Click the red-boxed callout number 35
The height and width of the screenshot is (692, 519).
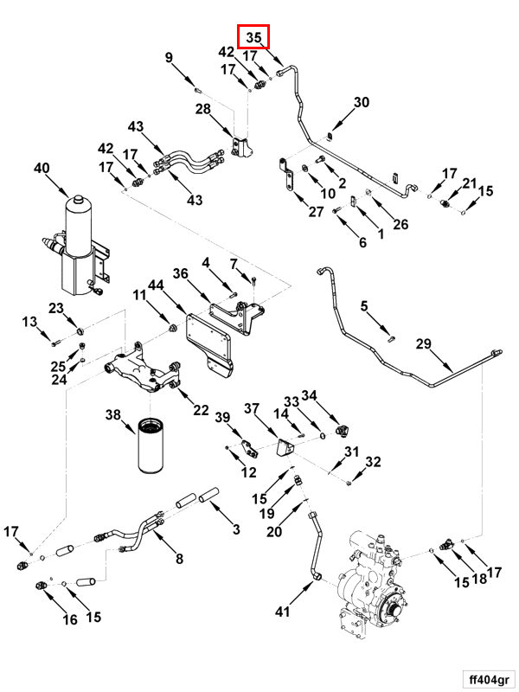coord(254,37)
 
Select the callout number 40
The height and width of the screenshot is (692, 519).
coord(42,168)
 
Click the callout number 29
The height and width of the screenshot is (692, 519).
coord(423,344)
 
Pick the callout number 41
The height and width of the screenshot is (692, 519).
coord(282,612)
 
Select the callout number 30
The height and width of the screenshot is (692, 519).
coord(362,102)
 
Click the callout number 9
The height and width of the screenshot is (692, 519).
coord(170,58)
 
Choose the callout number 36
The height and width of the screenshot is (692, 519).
coord(180,274)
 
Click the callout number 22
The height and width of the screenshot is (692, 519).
coord(201,410)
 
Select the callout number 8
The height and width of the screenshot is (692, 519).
coord(180,559)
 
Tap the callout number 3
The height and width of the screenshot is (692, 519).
coord(234,529)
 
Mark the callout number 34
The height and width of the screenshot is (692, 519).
coord(310,396)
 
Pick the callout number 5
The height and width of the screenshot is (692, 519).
coord(364,305)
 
